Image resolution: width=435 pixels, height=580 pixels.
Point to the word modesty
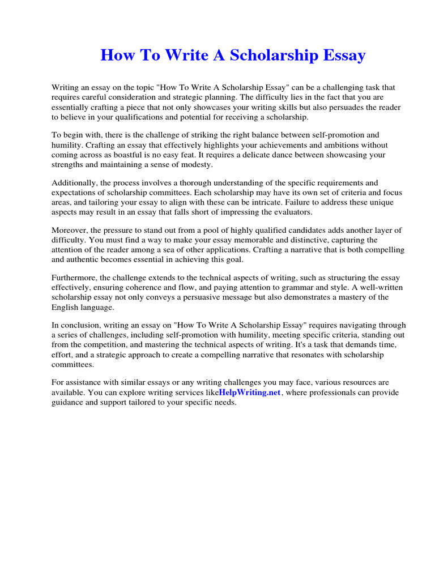[x=194, y=164]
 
